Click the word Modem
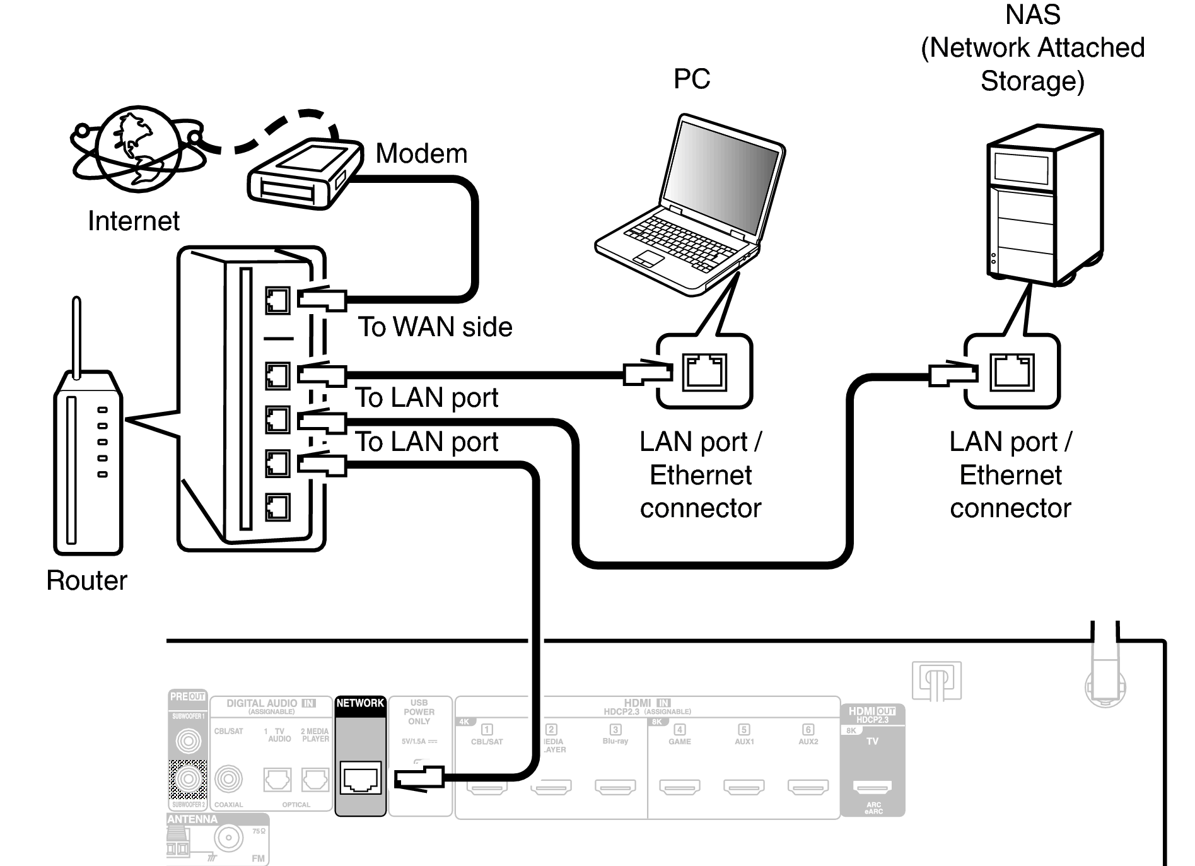pos(421,154)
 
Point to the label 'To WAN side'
pos(435,327)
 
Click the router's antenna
pos(77,337)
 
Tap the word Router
pos(86,580)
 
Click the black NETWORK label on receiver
pos(360,703)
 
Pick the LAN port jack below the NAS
pos(1012,372)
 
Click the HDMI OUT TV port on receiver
pos(872,787)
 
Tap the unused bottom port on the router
pos(277,506)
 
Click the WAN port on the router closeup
pos(277,300)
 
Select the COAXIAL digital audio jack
pos(228,780)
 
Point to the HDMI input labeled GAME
pos(680,787)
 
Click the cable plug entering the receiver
pos(419,778)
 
